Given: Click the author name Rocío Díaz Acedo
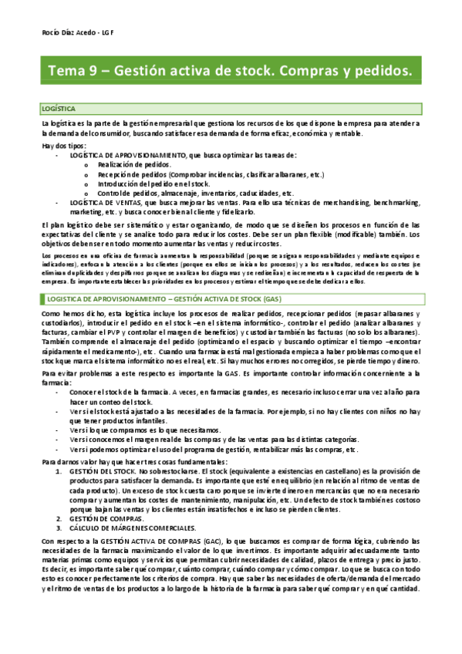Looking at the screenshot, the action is tap(66, 34).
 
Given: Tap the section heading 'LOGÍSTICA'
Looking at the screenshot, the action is tap(58, 110).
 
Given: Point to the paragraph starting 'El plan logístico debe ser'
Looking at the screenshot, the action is tap(231, 233).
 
